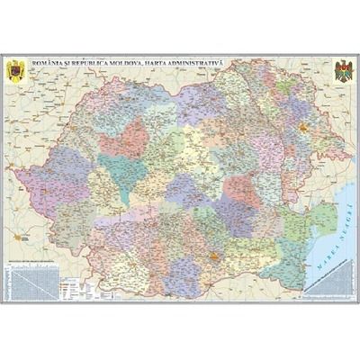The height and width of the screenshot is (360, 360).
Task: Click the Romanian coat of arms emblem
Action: coord(17,71)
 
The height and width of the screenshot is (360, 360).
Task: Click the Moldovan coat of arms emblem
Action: coord(343,71)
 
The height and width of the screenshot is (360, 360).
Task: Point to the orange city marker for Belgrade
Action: coord(19,237)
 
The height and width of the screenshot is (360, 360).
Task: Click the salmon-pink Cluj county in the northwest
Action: coord(124,138)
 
